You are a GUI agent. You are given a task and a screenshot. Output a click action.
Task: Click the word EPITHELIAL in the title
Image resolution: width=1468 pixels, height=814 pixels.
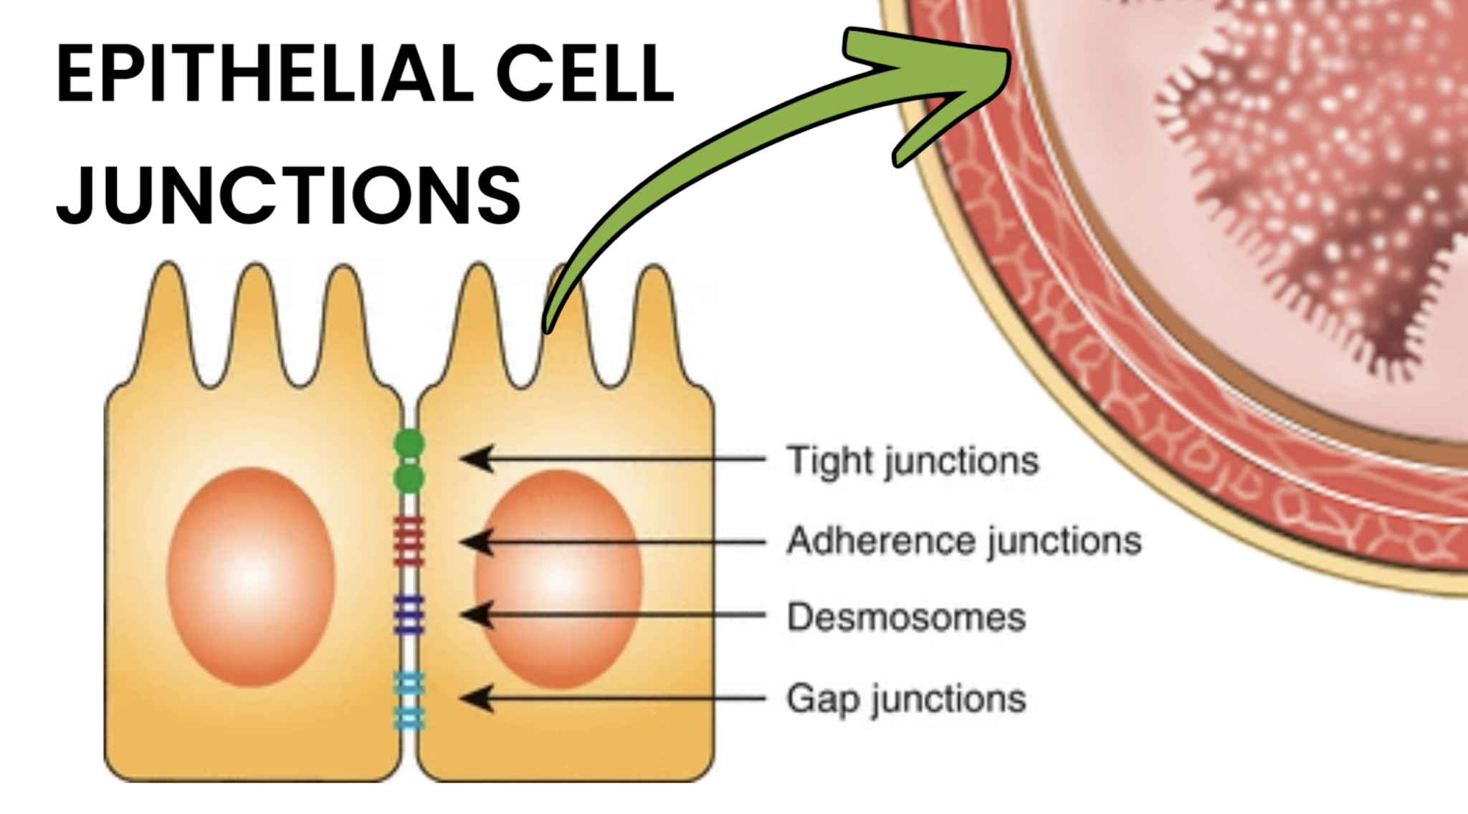point(264,74)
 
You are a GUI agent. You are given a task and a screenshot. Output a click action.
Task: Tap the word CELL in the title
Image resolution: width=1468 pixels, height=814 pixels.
point(585,74)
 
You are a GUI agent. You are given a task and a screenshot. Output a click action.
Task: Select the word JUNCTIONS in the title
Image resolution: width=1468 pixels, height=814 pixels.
point(288,193)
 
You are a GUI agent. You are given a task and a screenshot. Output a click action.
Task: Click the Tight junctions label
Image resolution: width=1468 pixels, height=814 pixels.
point(912,461)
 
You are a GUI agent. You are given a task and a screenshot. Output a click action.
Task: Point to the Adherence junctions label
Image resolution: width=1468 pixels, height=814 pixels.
point(964,541)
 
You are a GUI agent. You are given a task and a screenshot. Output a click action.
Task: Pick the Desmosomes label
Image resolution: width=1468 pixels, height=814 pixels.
point(906,617)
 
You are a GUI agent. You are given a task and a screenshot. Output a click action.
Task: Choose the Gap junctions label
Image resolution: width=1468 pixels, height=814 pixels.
point(906,699)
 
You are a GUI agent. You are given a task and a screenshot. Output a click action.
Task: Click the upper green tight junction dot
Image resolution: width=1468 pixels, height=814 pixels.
point(409,444)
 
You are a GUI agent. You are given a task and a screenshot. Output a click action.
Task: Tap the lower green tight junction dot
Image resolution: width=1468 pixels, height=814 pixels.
point(409,479)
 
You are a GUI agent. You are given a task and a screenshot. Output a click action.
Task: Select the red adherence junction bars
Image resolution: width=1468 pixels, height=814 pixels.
point(409,542)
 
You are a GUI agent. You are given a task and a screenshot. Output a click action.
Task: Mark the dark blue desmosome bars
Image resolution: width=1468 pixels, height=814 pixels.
point(409,615)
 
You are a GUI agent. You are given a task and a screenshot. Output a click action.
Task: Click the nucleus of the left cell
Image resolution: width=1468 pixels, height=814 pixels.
point(251,578)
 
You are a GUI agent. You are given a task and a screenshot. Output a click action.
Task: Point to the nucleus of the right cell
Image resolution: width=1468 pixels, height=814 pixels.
point(558,579)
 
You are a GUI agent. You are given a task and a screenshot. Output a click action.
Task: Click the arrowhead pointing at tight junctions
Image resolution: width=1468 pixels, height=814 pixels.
point(477,459)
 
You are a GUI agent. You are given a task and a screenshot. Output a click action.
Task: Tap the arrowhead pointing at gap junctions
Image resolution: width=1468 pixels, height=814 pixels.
point(477,698)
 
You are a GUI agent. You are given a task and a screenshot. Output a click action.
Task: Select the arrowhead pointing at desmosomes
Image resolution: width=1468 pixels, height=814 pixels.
point(477,615)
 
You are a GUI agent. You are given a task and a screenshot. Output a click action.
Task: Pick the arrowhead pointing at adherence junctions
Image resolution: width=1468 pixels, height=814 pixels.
point(477,542)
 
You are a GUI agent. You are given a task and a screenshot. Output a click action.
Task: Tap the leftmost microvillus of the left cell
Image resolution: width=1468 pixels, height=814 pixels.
point(168,315)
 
